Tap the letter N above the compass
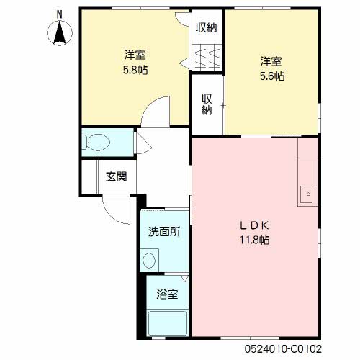click(59, 15)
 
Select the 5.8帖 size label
click(135, 71)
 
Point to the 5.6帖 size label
click(272, 76)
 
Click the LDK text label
click(254, 225)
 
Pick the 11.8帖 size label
click(254, 240)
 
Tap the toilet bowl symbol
click(96, 143)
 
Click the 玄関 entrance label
click(116, 177)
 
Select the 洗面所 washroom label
click(164, 232)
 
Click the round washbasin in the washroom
click(149, 261)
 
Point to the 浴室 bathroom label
click(167, 294)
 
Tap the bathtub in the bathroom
click(167, 323)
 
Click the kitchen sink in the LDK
click(306, 194)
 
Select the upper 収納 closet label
click(207, 28)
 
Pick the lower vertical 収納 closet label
click(207, 104)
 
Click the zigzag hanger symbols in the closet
click(207, 58)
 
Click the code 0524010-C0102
click(283, 349)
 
